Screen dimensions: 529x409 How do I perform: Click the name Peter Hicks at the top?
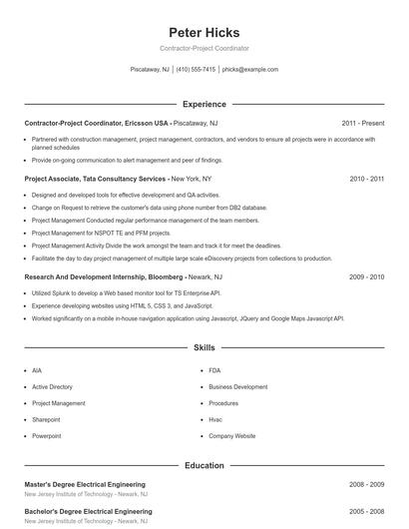coord(204,32)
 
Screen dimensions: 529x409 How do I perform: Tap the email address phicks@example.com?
coord(250,70)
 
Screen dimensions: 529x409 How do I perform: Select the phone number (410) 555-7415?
coord(196,70)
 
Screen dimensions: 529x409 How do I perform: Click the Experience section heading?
coord(204,104)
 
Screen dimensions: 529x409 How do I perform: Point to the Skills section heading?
coord(204,348)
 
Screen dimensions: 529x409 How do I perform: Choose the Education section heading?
coord(204,465)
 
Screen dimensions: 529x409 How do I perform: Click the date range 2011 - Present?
coord(362,123)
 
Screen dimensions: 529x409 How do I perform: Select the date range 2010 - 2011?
coord(366,179)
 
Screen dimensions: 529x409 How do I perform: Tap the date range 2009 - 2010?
coord(366,275)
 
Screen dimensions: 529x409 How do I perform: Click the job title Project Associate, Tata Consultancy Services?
coord(95,179)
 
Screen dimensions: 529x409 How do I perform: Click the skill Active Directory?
coord(52,386)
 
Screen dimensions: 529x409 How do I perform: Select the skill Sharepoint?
coord(47,419)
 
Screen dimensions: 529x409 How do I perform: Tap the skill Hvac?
coord(215,419)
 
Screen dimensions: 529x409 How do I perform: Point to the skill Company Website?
coord(231,436)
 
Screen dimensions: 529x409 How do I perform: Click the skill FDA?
coord(214,370)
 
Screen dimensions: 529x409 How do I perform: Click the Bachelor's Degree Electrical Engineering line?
coord(89,511)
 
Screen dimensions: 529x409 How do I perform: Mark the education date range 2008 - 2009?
coord(366,484)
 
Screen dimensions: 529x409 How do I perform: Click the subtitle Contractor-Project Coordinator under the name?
coord(204,48)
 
